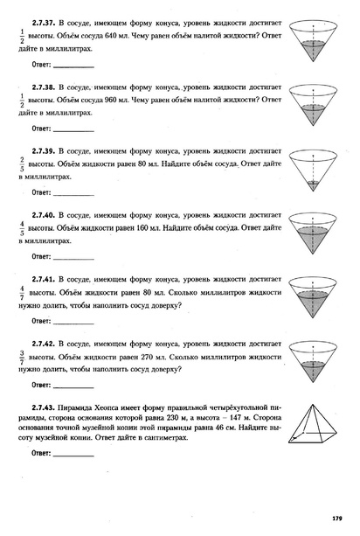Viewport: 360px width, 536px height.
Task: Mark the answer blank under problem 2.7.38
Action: point(73,128)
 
